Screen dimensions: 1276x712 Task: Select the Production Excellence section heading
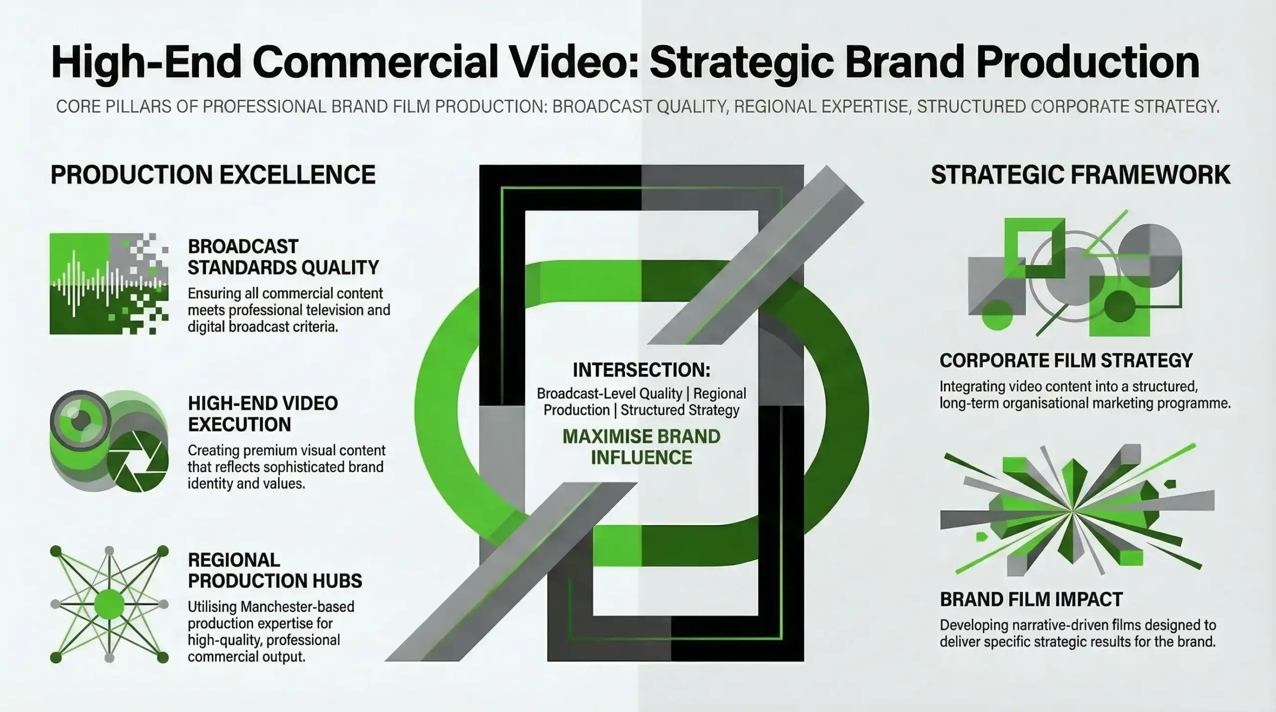213,175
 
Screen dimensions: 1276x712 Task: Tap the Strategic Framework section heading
1081,175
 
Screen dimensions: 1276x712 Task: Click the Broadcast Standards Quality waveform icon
109,284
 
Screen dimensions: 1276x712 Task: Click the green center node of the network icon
109,604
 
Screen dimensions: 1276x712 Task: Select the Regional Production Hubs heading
275,570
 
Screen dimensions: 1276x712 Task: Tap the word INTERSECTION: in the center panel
641,370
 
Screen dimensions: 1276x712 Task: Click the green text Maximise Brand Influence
641,447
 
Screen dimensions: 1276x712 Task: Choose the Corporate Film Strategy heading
1066,360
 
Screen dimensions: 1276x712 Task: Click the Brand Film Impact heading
1031,599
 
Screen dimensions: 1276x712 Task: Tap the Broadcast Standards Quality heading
283,257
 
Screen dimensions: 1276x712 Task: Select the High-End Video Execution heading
263,414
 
